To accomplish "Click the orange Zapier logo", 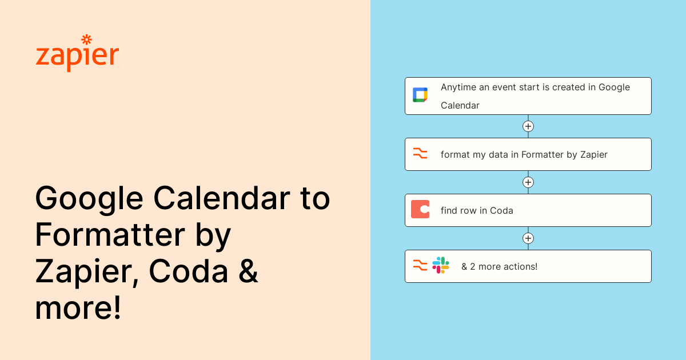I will coord(77,56).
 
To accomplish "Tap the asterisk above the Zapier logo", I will coord(86,39).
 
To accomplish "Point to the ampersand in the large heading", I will coord(248,272).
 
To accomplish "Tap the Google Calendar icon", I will coord(420,95).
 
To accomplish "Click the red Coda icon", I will coord(420,210).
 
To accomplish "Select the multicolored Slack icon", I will coord(441,265).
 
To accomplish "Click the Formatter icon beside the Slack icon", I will coord(420,265).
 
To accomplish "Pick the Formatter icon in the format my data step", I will coord(420,154).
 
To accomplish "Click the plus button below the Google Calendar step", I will coord(528,126).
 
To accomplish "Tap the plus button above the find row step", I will coord(528,182).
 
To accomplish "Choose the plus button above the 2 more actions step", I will coord(528,238).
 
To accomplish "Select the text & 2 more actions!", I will coord(499,266).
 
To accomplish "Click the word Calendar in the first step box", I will coord(460,105).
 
